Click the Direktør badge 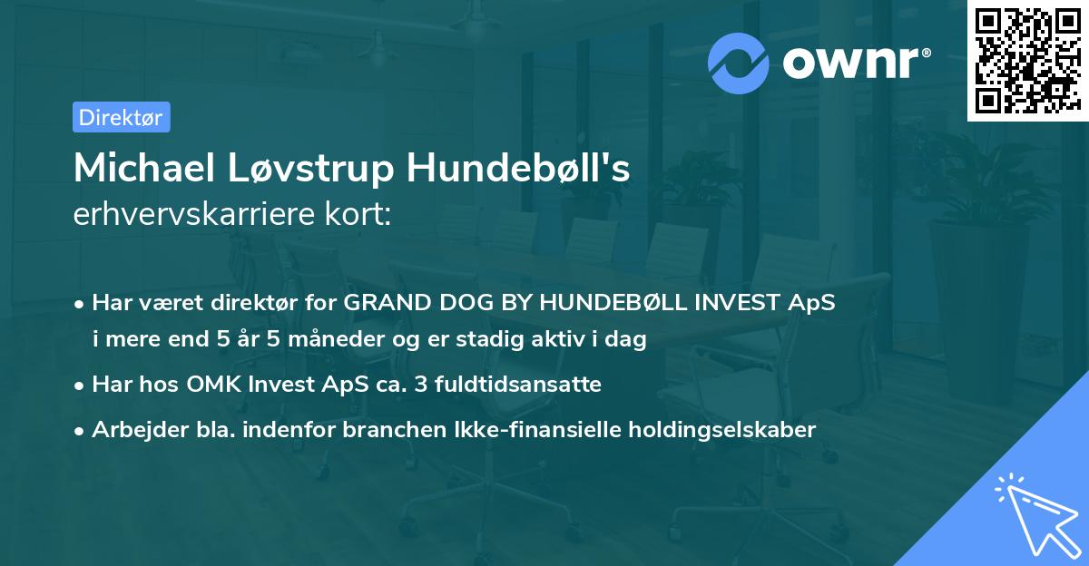[x=121, y=117]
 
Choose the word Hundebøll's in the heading [x=518, y=169]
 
